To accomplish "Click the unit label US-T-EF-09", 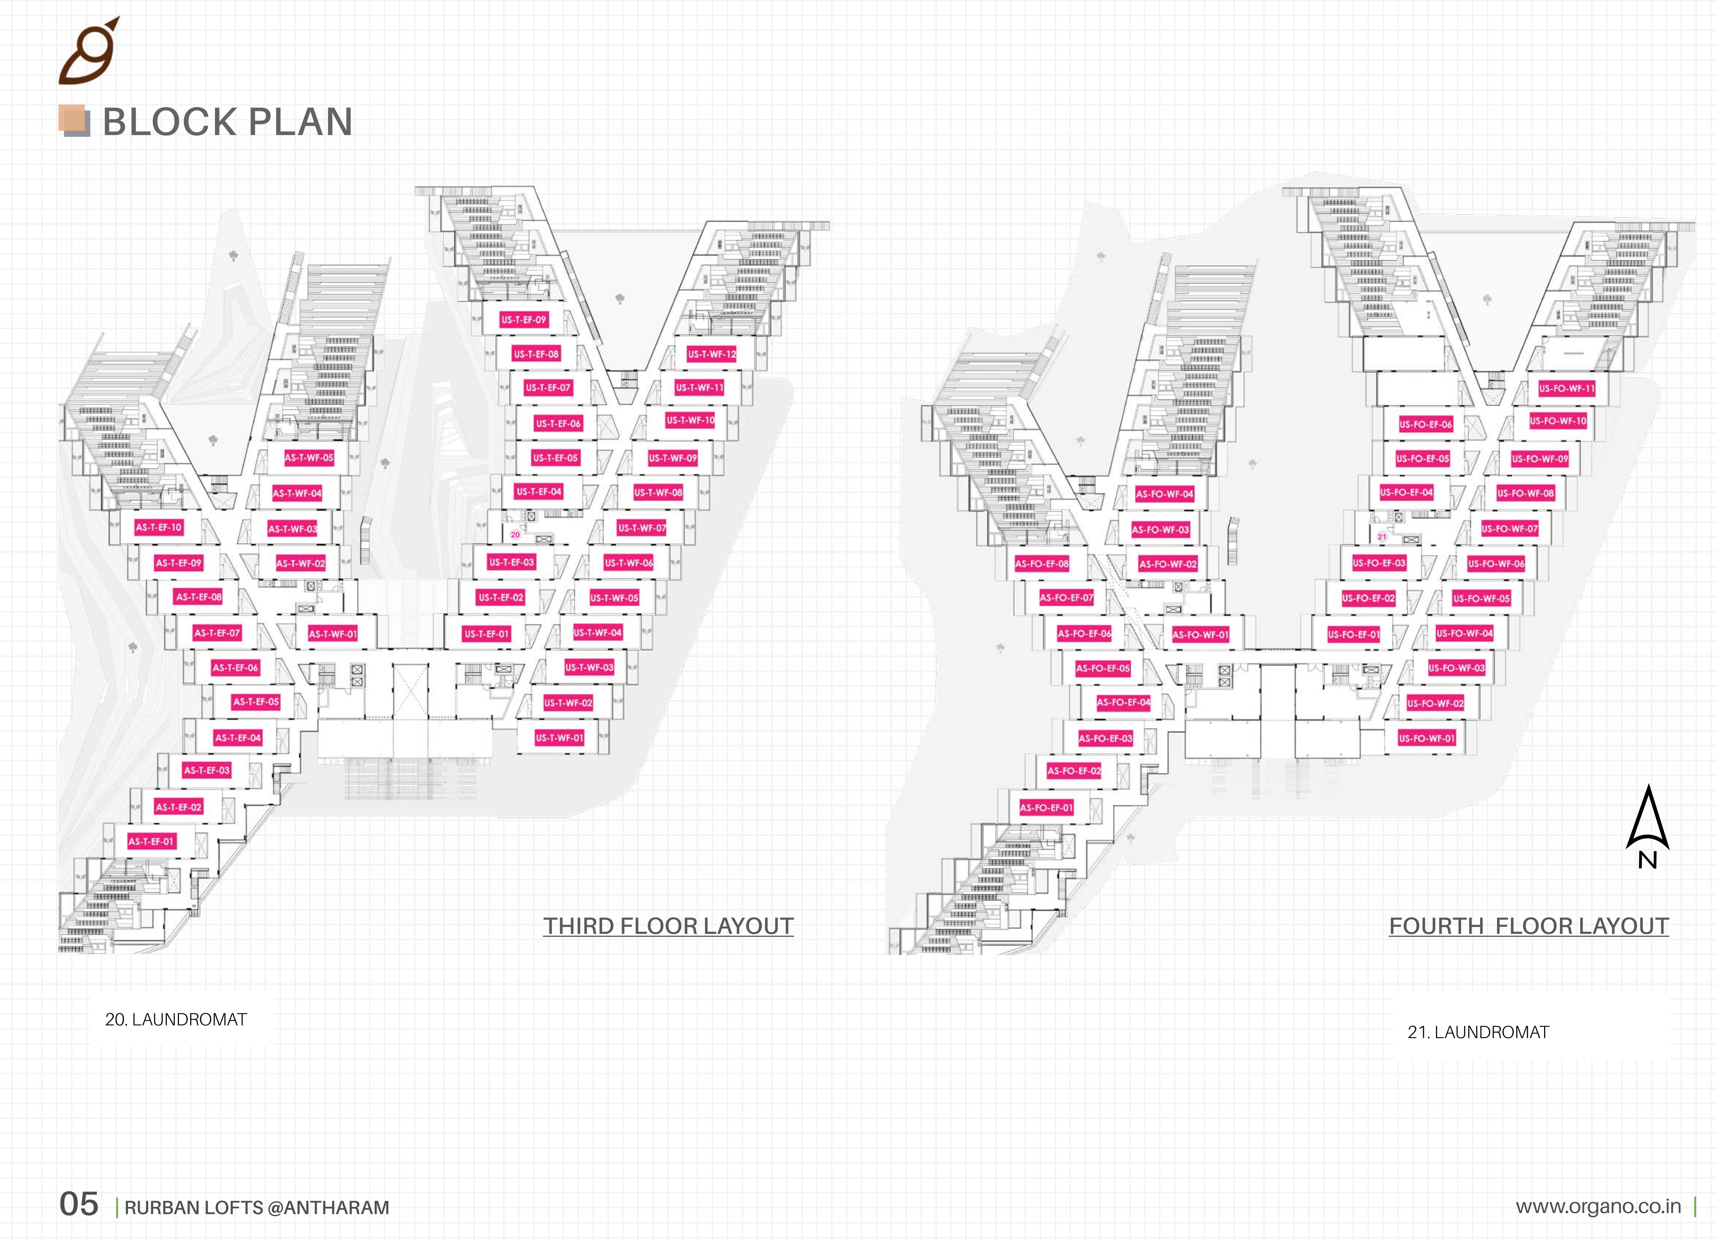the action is (523, 320).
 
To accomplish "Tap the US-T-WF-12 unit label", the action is (712, 354).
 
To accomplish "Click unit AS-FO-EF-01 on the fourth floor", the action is (1046, 808).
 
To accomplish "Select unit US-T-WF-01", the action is (559, 737).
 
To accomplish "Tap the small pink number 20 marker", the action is (515, 535).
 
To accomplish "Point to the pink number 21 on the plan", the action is (1381, 537).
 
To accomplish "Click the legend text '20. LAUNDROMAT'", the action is (176, 1020).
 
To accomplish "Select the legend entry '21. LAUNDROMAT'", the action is (1478, 1032).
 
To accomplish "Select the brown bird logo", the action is (89, 51).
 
